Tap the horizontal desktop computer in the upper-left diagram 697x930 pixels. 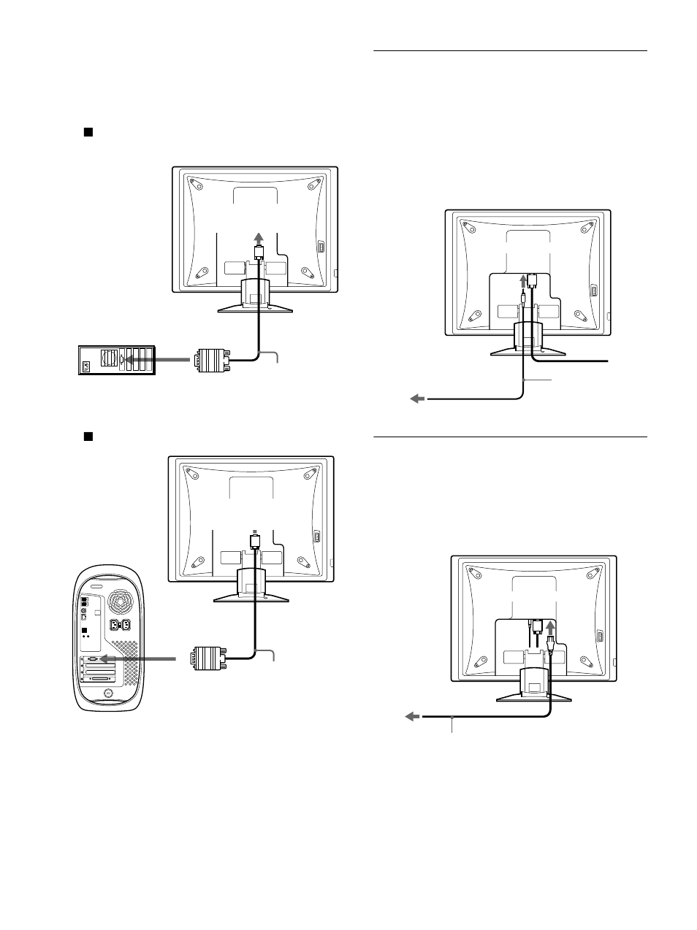coord(116,359)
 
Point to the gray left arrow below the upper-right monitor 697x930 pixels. coord(417,399)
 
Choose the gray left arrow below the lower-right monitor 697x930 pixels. coord(414,717)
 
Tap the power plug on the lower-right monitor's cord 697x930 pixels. coord(551,645)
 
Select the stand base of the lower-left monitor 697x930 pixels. coord(253,596)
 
